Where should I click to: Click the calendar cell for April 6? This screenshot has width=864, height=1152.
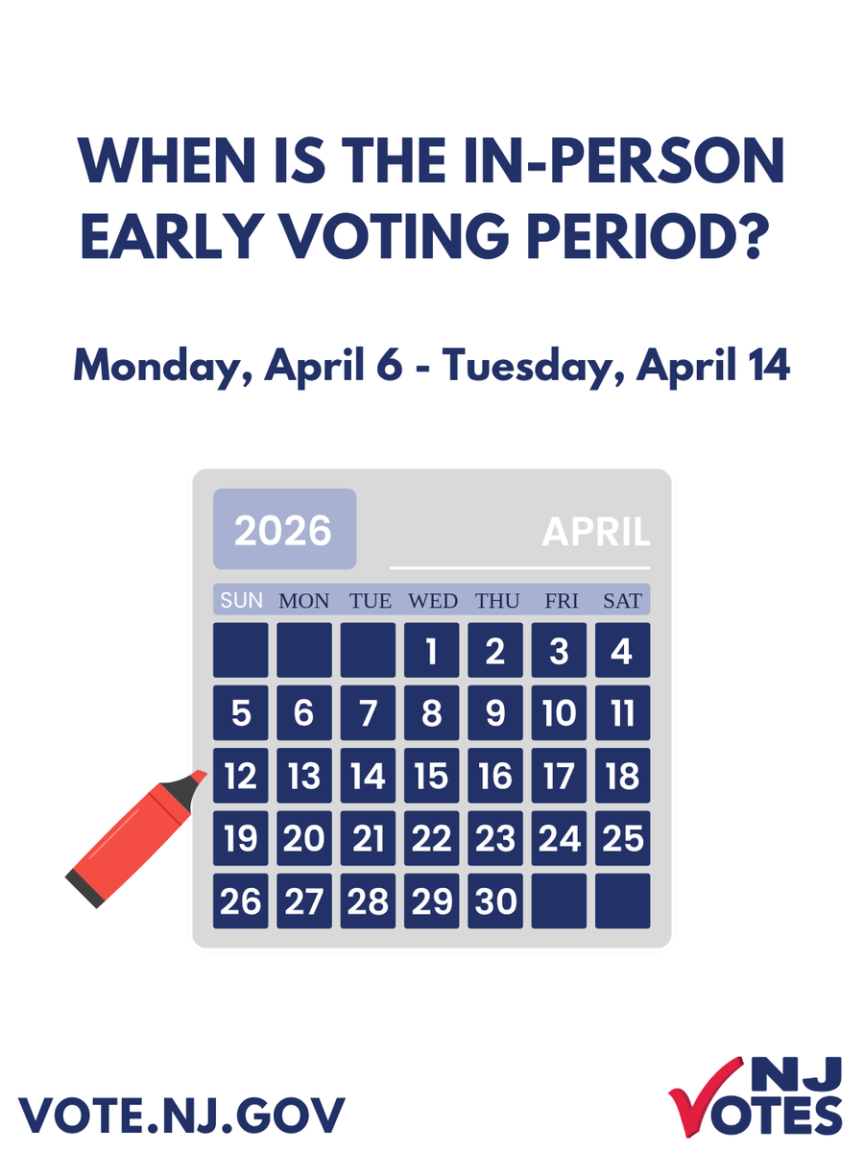tap(303, 713)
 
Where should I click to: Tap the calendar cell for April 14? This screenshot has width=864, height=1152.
tap(368, 776)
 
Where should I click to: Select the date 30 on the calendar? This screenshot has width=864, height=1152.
tap(495, 900)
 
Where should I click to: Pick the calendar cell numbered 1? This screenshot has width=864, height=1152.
tap(431, 651)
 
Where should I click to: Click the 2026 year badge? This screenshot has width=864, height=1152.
tap(284, 530)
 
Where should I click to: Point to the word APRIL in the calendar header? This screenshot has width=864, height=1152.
tap(595, 532)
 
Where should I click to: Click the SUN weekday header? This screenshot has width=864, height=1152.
tap(241, 601)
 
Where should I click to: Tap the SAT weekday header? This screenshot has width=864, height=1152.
tap(622, 601)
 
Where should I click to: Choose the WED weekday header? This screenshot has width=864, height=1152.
tap(433, 601)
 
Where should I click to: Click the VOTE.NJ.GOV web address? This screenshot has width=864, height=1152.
tap(181, 1114)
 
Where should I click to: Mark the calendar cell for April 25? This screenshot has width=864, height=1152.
tap(622, 839)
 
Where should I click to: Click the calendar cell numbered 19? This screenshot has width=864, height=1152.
tap(240, 839)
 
